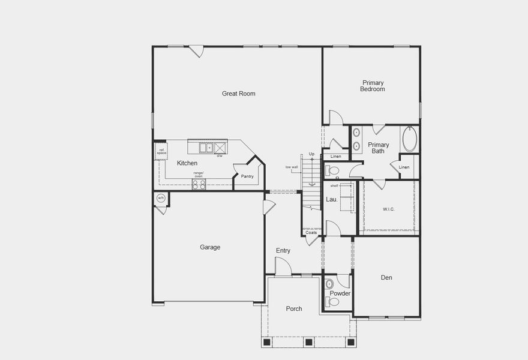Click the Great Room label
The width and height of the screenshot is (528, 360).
(x=238, y=94)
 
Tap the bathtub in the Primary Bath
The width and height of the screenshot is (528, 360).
(x=409, y=139)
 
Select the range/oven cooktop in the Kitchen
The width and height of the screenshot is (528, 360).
(x=199, y=184)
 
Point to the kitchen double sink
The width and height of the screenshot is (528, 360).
(x=205, y=147)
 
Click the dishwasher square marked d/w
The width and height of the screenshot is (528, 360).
(x=220, y=147)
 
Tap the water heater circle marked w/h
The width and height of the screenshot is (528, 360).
(x=161, y=198)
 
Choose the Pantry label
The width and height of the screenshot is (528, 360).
(x=247, y=176)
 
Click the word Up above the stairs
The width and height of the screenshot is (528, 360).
(x=311, y=154)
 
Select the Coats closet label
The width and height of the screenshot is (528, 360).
(x=311, y=232)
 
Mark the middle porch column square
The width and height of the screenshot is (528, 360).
(x=308, y=342)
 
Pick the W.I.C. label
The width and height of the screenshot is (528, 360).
(x=389, y=209)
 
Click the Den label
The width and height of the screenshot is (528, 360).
(x=386, y=278)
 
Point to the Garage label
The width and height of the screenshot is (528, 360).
(x=210, y=247)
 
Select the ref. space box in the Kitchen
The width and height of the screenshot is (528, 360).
(x=161, y=151)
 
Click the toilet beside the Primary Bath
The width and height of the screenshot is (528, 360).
(x=332, y=171)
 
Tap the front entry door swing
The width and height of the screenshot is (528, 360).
(x=283, y=267)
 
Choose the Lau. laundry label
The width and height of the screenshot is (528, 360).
(x=331, y=199)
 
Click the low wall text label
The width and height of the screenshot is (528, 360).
(x=292, y=167)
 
